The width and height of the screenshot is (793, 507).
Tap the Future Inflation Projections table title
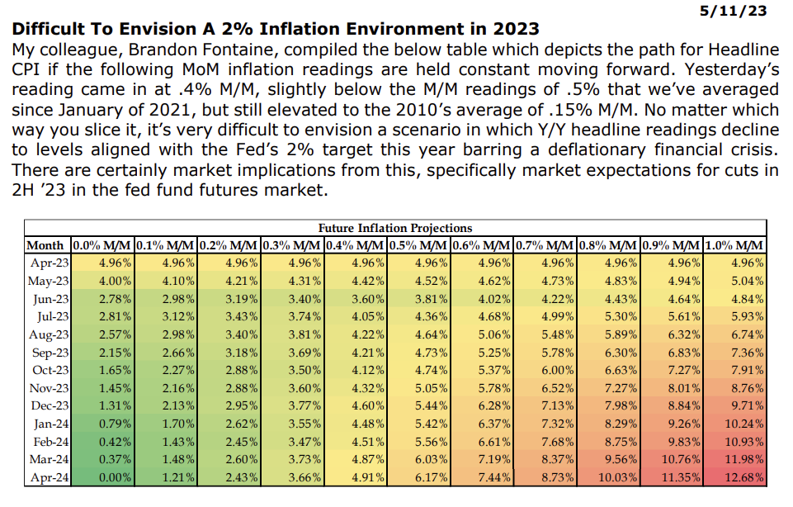click(x=395, y=228)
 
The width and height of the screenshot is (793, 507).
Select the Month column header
click(x=45, y=245)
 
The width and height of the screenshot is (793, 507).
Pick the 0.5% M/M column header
click(x=418, y=245)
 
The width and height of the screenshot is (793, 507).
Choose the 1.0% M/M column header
click(x=734, y=245)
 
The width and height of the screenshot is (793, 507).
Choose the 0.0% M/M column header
click(x=101, y=245)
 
